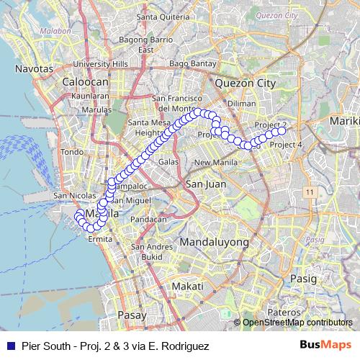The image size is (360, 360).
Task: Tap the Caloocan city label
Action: coord(85,82)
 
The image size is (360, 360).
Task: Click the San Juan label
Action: coord(202,185)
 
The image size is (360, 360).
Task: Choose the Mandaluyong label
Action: coord(215,242)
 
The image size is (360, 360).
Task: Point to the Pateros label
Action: coord(283,313)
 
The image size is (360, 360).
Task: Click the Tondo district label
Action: coord(73,152)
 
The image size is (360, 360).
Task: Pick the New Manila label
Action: coord(211,162)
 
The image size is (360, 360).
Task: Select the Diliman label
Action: coord(241,103)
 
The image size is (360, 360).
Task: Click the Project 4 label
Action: coord(285,145)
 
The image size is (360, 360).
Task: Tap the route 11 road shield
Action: coord(310,192)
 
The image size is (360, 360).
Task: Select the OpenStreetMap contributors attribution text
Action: coord(297,323)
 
